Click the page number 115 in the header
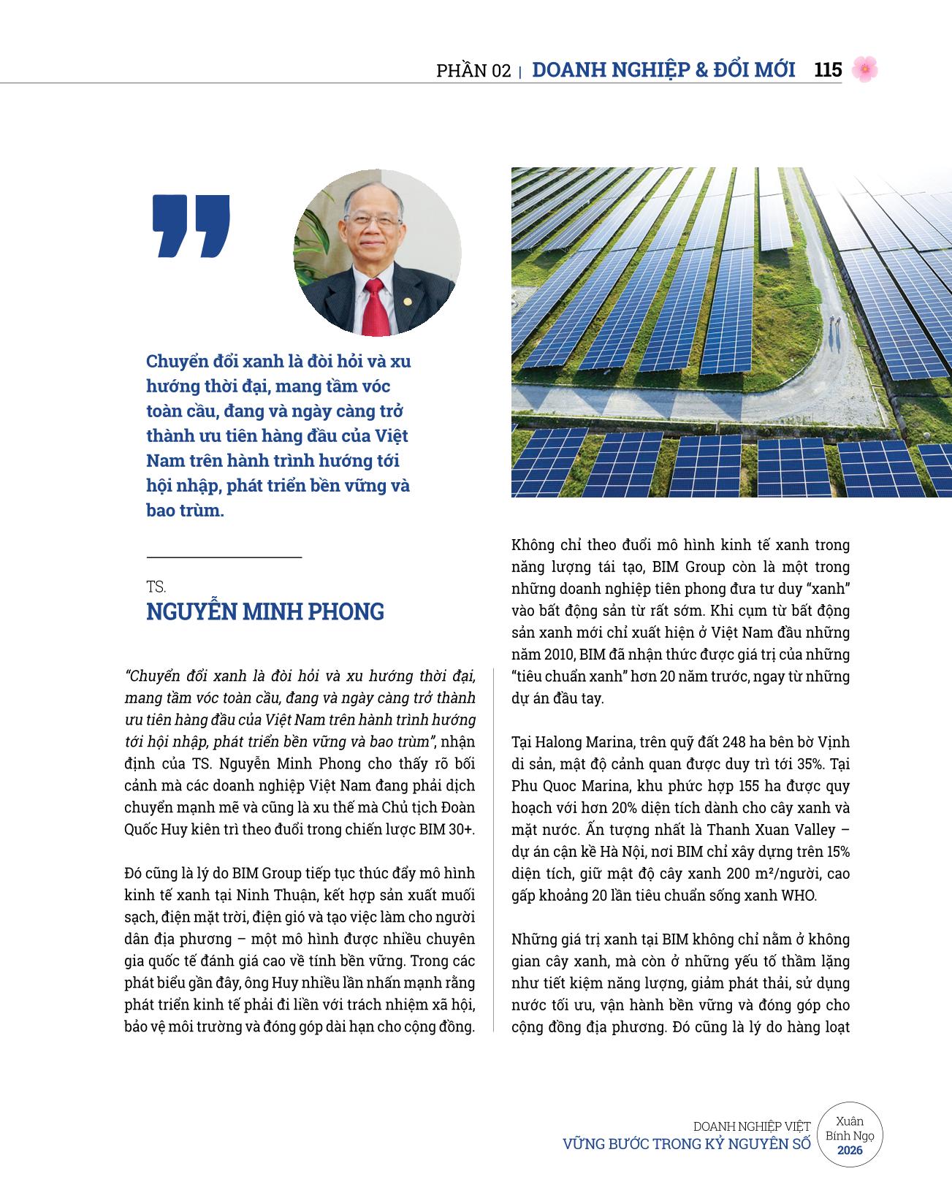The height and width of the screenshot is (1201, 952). pyautogui.click(x=827, y=70)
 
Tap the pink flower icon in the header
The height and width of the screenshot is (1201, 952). pyautogui.click(x=864, y=69)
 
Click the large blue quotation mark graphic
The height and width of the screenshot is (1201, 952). pyautogui.click(x=191, y=226)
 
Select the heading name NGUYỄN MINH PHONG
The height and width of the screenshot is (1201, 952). pyautogui.click(x=265, y=611)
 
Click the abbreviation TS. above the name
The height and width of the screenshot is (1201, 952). pyautogui.click(x=156, y=587)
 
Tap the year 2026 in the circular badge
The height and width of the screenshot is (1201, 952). pyautogui.click(x=850, y=1151)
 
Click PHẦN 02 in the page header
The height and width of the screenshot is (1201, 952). pyautogui.click(x=473, y=71)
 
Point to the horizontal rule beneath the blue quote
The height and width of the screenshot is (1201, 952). pyautogui.click(x=224, y=557)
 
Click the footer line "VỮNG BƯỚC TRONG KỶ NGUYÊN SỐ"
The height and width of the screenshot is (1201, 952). pyautogui.click(x=686, y=1144)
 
